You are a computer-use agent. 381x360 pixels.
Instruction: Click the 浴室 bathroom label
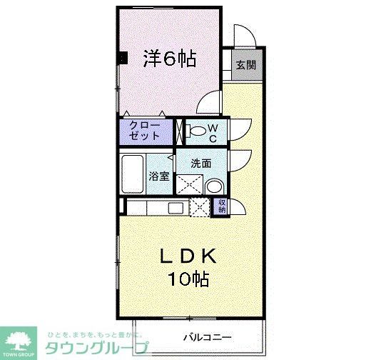click(158, 176)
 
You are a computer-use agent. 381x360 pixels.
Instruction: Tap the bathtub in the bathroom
click(133, 171)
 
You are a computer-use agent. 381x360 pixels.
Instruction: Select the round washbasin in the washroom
click(213, 187)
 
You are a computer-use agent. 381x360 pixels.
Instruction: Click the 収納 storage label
click(222, 207)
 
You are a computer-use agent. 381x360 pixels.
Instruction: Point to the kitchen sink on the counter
click(176, 208)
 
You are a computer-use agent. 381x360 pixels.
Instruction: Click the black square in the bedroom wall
click(123, 60)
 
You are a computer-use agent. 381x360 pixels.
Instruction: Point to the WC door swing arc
click(238, 129)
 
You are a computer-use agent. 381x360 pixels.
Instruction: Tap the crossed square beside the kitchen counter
click(200, 208)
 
